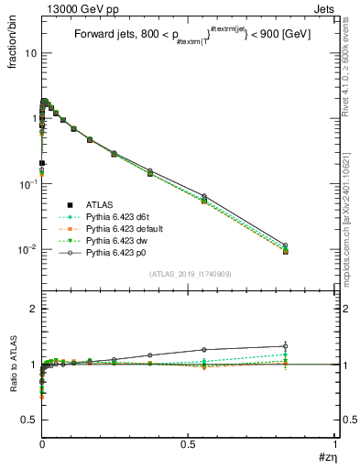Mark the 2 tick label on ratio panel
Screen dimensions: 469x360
click(x=34, y=310)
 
